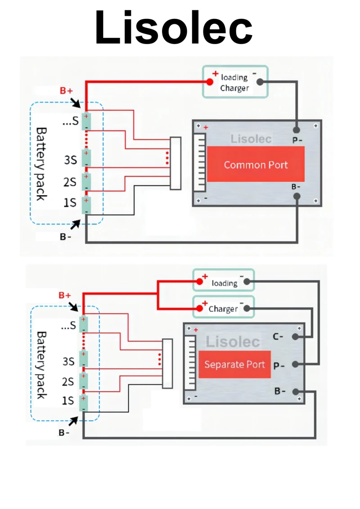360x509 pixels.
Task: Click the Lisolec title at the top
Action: (173, 28)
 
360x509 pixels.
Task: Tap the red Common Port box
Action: (256, 164)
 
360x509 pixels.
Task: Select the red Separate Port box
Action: (234, 364)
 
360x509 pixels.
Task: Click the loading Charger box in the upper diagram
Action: (235, 81)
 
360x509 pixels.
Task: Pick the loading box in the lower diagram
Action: (223, 280)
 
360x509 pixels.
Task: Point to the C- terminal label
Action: (279, 336)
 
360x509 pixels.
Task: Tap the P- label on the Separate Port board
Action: (279, 365)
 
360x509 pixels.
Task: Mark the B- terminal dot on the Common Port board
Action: (297, 196)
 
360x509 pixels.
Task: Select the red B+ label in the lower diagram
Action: (65, 296)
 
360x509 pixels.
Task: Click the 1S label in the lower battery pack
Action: (68, 401)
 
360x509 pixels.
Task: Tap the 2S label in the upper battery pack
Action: (70, 182)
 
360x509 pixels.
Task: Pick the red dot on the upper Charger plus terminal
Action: (210, 82)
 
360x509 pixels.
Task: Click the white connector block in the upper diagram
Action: (175, 162)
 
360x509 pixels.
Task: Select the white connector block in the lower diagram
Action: (167, 363)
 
